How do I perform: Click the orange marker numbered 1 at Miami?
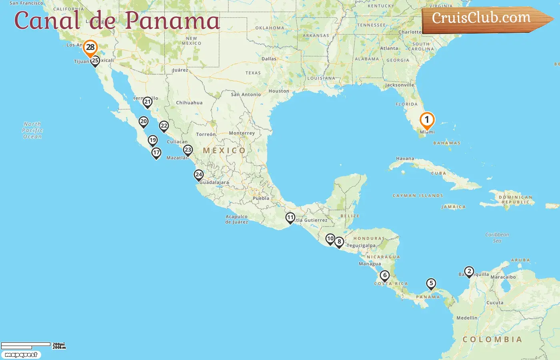pos(427,120)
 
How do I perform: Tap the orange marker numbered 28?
pos(90,48)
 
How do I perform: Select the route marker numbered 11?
pos(290,218)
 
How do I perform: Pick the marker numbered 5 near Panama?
pos(431,284)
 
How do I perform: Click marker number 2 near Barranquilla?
pos(469,272)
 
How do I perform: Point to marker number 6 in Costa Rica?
pos(384,276)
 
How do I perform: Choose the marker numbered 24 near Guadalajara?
pos(199,175)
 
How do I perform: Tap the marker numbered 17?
pos(156,153)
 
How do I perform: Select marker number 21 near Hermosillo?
pos(148,102)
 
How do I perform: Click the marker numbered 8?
pos(339,242)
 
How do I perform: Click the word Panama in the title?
pos(172,21)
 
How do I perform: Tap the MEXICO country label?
pos(224,151)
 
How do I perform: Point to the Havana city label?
pos(405,158)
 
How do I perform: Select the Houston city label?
pos(279,91)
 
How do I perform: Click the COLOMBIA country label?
pos(492,340)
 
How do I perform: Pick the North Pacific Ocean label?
pos(32,130)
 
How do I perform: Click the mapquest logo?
pos(21,355)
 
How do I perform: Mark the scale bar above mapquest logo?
pos(26,345)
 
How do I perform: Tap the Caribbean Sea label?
pos(497,238)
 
